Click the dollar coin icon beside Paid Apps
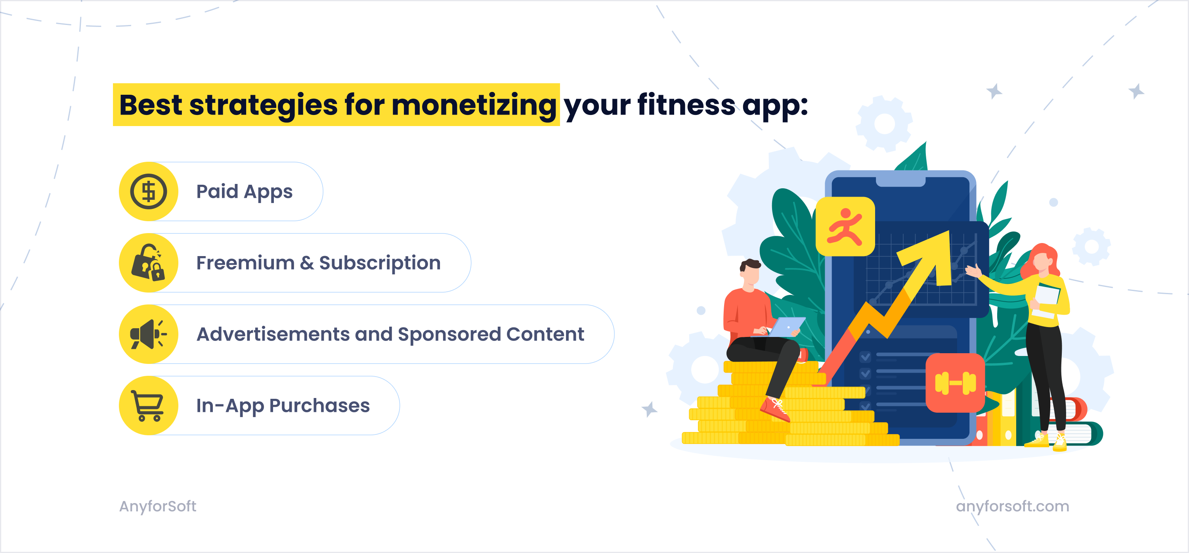click(x=148, y=191)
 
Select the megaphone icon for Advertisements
click(x=148, y=334)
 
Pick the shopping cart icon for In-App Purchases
click(x=148, y=405)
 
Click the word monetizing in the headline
click(x=474, y=105)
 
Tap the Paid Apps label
click(x=244, y=191)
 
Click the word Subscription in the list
click(x=379, y=263)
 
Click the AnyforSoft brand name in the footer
click(x=157, y=506)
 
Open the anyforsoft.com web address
click(x=1012, y=506)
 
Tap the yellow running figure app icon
click(x=845, y=226)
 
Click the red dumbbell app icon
click(x=955, y=383)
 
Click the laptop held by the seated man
click(x=788, y=326)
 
